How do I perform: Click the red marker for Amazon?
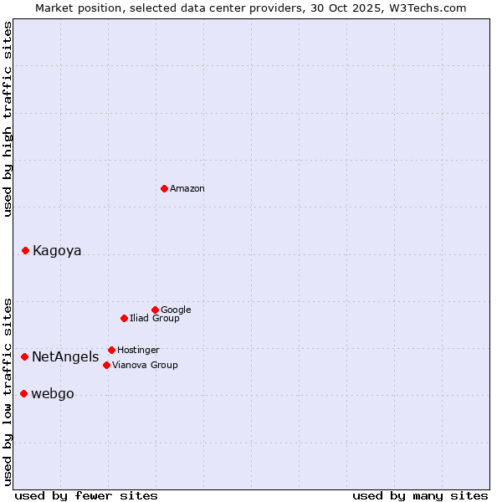(x=164, y=188)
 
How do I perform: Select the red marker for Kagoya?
(x=25, y=250)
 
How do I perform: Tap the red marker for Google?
(x=155, y=310)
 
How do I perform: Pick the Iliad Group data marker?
(x=124, y=318)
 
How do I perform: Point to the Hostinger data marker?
(x=111, y=350)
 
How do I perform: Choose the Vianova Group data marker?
(x=106, y=365)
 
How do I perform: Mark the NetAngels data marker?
(x=24, y=356)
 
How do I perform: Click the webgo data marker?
(x=23, y=393)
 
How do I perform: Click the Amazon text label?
(x=187, y=189)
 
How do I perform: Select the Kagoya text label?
(x=57, y=251)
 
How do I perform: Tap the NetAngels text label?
(x=65, y=357)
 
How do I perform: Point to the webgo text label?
(x=53, y=394)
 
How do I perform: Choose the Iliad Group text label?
(x=155, y=319)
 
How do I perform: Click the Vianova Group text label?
(x=145, y=366)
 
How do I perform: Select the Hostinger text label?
(x=138, y=351)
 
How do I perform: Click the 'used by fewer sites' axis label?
(x=86, y=495)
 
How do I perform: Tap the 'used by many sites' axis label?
(x=420, y=495)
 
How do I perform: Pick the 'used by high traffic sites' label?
(x=8, y=119)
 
